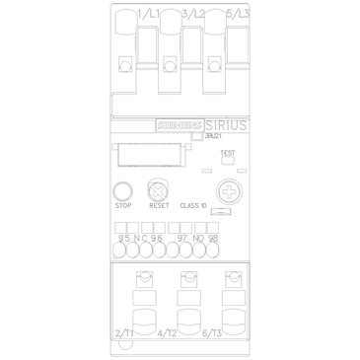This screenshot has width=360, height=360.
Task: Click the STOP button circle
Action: pyautogui.click(x=123, y=190)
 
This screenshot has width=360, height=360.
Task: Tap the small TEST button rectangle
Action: pyautogui.click(x=227, y=164)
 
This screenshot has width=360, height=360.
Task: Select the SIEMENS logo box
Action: pyautogui.click(x=180, y=125)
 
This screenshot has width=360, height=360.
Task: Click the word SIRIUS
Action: pyautogui.click(x=228, y=124)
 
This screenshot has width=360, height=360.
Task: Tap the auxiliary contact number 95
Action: pyautogui.click(x=123, y=238)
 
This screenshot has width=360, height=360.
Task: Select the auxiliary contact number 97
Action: pyautogui.click(x=181, y=238)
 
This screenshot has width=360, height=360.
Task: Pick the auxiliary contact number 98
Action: pyautogui.click(x=212, y=238)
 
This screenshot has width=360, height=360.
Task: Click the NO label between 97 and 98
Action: pyautogui.click(x=197, y=238)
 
